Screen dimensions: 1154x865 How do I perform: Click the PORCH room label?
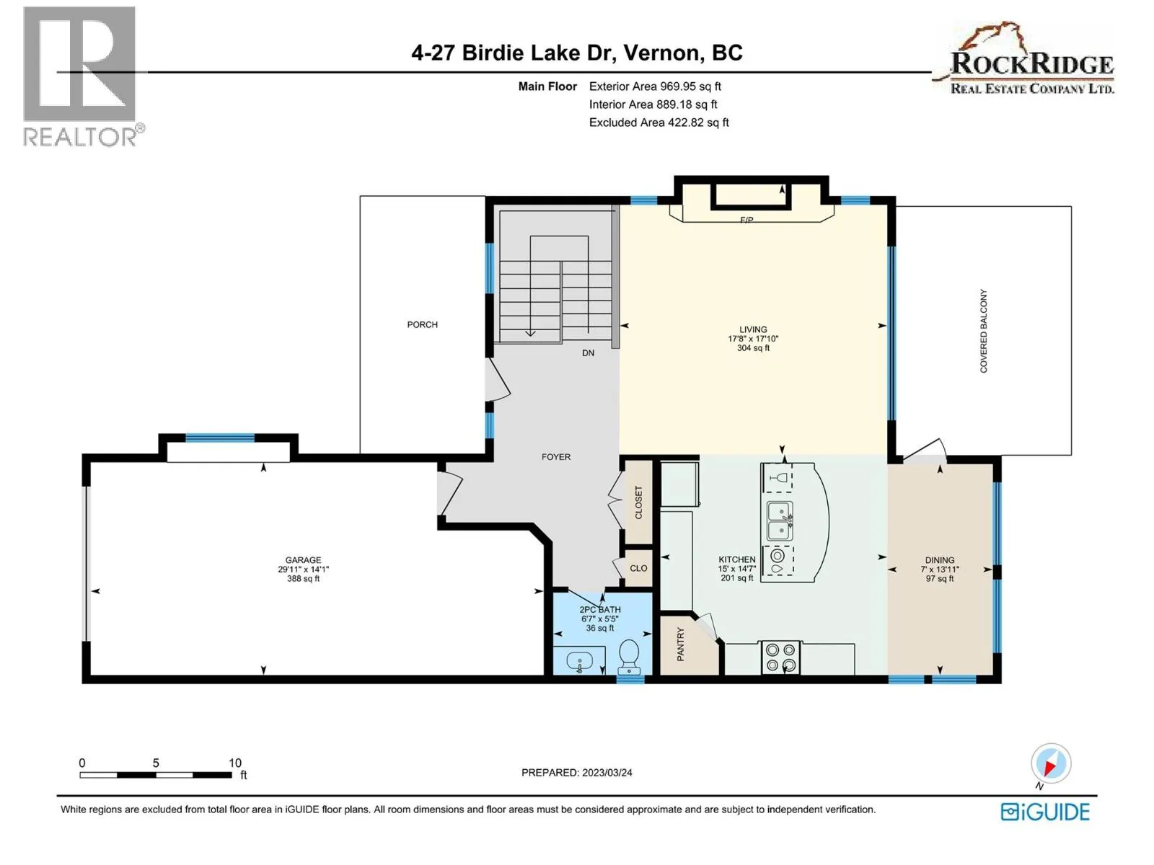422,324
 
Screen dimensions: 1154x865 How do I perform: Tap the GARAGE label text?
304,560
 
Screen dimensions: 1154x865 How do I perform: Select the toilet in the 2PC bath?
629,657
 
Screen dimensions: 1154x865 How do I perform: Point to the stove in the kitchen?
781,657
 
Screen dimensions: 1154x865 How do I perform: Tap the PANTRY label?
680,644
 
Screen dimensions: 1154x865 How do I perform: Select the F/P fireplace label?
746,220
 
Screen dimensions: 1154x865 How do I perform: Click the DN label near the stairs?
588,353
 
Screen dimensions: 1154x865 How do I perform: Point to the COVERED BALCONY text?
983,331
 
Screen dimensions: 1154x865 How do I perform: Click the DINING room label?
940,560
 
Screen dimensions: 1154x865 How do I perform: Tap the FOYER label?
555,457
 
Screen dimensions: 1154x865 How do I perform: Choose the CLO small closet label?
638,568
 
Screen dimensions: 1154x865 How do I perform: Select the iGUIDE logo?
1045,812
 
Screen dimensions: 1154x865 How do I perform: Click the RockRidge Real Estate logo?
1025,59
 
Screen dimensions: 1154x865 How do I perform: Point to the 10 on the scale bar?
235,763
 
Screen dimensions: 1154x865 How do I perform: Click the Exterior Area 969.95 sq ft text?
655,86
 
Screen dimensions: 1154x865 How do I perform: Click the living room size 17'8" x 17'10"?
753,339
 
